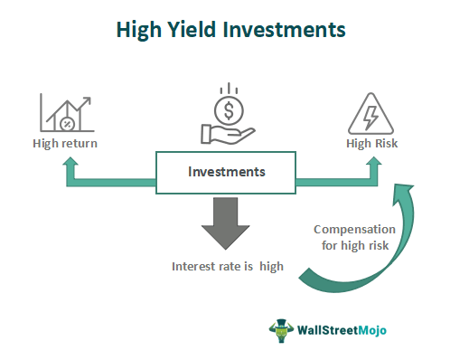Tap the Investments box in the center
(226, 172)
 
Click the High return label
(66, 143)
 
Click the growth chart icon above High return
(65, 110)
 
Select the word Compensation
(356, 229)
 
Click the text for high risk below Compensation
(356, 245)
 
